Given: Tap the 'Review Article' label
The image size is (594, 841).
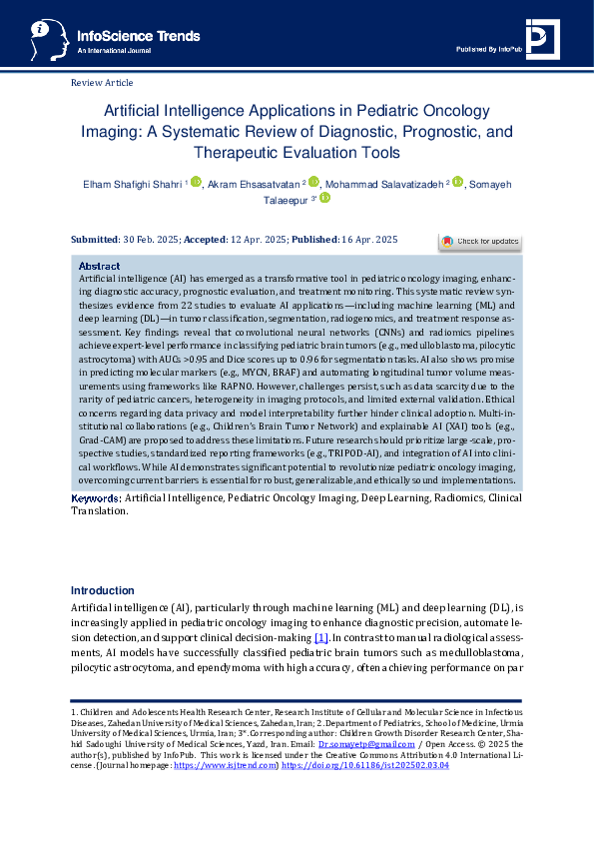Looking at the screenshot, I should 102,83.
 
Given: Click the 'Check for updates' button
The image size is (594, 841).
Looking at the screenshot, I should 480,241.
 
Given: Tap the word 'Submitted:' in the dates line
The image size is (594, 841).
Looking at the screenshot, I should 96,240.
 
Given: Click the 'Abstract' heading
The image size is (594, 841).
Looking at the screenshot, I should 99,267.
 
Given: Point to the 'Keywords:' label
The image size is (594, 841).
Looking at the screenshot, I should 97,496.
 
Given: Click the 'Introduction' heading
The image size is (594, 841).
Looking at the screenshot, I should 103,590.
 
